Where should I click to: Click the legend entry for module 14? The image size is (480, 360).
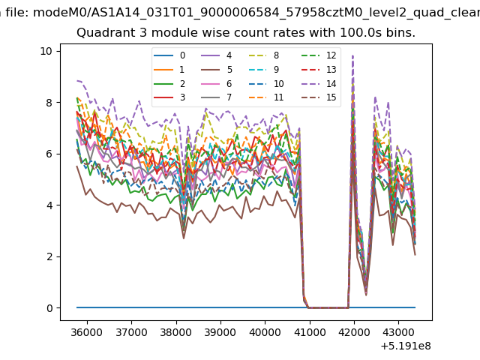(x=318, y=83)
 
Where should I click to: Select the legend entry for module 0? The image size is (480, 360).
(x=169, y=55)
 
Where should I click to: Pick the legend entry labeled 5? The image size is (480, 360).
(x=217, y=70)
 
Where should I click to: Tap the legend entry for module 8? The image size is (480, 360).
(x=264, y=55)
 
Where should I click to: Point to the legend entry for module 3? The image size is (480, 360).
(x=169, y=97)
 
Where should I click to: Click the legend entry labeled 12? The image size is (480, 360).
(x=318, y=55)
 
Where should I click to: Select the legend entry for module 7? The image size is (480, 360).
(x=217, y=97)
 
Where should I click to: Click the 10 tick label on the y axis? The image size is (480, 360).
(x=46, y=51)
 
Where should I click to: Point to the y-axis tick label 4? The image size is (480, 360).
(x=49, y=205)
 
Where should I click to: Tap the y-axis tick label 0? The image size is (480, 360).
(x=49, y=308)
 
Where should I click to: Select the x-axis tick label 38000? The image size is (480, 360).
(x=176, y=332)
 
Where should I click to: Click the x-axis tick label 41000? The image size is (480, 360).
(x=310, y=332)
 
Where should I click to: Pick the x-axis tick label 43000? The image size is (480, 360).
(x=398, y=332)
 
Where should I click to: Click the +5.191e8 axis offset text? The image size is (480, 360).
(x=406, y=346)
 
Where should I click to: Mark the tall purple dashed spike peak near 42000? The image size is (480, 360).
(x=353, y=55)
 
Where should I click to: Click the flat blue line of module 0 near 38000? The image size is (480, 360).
(x=176, y=307)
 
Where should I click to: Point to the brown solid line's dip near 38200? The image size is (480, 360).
(x=184, y=238)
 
